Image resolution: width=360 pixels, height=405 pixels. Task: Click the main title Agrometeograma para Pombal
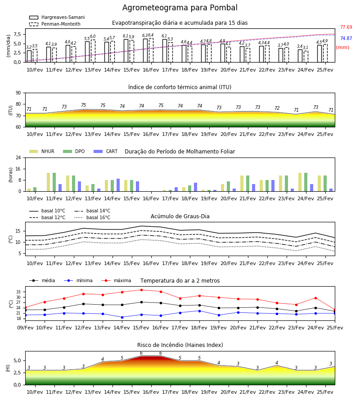pyautogui.click(x=180, y=8)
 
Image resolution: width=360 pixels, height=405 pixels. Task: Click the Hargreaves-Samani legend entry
pyautogui.click(x=57, y=17)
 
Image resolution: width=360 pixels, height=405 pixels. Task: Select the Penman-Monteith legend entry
pyautogui.click(x=55, y=24)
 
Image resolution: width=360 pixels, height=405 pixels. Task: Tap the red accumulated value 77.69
pyautogui.click(x=346, y=27)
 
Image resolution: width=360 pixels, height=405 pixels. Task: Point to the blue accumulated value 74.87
pyautogui.click(x=346, y=39)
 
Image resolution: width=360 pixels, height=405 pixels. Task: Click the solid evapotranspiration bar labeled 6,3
pyautogui.click(x=145, y=50)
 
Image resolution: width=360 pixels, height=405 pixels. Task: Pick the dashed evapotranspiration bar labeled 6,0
pyautogui.click(x=93, y=51)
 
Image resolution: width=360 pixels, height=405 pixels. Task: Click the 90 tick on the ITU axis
pyautogui.click(x=18, y=93)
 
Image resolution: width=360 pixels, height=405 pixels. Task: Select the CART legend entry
pyautogui.click(x=106, y=151)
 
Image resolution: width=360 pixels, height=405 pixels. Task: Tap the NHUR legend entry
pyautogui.click(x=42, y=151)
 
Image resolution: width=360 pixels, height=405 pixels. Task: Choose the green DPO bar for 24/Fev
pyautogui.click(x=306, y=182)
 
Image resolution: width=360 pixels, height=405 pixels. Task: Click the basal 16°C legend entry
pyautogui.click(x=92, y=217)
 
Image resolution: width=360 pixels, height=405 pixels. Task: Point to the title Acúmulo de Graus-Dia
pyautogui.click(x=180, y=216)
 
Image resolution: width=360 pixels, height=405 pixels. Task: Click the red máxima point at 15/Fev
pyautogui.click(x=141, y=290)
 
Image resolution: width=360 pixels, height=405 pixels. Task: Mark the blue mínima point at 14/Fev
pyautogui.click(x=122, y=317)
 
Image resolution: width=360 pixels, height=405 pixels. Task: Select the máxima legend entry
pyautogui.click(x=116, y=280)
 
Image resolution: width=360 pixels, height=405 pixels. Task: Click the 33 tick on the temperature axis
pyautogui.click(x=18, y=292)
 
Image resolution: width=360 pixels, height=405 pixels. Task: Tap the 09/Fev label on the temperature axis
pyautogui.click(x=25, y=328)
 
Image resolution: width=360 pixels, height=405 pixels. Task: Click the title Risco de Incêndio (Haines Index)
pyautogui.click(x=180, y=345)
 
